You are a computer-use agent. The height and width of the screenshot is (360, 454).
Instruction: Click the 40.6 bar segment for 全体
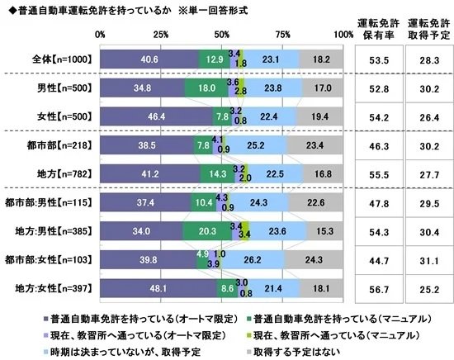pos(149,59)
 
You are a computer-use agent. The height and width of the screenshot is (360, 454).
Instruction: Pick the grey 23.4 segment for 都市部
pos(315,146)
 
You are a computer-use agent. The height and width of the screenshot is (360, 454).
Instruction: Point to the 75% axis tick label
pos(283,35)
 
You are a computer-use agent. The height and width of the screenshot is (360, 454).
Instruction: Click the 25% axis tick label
pos(161,35)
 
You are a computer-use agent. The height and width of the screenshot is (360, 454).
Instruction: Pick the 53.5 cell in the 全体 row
pos(376,59)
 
